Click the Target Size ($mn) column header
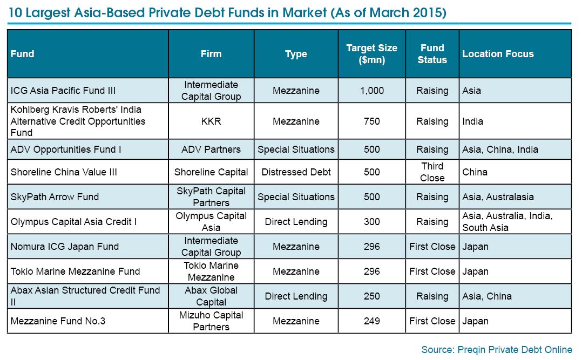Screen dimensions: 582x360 tap(371, 54)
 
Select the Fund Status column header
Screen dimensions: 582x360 tap(432, 54)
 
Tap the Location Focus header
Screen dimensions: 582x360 tap(498, 54)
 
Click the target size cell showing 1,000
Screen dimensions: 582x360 tap(371, 91)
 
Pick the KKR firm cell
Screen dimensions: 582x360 tap(211, 121)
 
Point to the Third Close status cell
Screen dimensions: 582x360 tap(432, 172)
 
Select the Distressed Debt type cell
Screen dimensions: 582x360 tap(296, 172)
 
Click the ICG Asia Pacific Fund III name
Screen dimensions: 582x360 tap(63, 91)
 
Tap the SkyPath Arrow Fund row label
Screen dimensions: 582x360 tap(55, 196)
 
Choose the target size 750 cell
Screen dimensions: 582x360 tap(371, 121)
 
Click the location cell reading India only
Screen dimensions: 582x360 tap(472, 121)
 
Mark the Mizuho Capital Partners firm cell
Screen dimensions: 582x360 tap(211, 321)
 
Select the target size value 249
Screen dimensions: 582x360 tap(371, 321)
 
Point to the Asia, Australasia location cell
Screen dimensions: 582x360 tap(498, 196)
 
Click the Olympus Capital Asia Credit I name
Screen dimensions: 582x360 tap(73, 222)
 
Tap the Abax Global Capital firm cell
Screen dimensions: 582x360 tap(211, 296)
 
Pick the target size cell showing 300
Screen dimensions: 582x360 tap(371, 222)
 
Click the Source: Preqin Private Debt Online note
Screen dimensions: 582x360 tap(497, 350)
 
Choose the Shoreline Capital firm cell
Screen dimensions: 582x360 tap(211, 172)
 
